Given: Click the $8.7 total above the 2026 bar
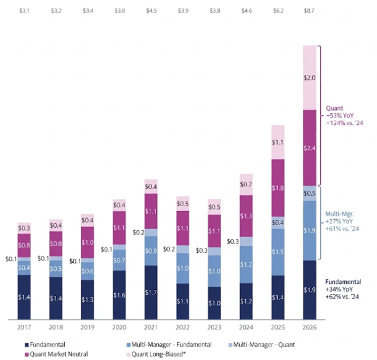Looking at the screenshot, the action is coord(309,11).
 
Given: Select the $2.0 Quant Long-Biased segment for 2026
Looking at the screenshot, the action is coord(310,78).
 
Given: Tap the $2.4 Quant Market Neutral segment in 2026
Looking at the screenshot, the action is coord(310,148).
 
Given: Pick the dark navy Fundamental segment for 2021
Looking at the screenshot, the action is coord(151,292).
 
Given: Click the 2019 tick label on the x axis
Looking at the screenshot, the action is coord(87,327).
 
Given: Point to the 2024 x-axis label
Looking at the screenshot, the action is coord(246,327).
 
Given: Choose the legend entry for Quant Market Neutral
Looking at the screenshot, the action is coord(57,354).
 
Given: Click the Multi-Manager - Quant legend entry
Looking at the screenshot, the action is coord(262,345).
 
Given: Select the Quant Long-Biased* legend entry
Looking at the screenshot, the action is coord(156,354).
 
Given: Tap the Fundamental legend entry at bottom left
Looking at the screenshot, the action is coord(45,345).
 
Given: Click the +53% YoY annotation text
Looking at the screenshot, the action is coord(340,116).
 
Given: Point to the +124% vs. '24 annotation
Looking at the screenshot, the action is coord(344,123).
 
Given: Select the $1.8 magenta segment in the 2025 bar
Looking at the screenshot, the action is coord(278,188).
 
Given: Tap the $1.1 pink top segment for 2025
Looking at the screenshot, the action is coord(278,142).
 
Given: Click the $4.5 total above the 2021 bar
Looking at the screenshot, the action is coord(152,11).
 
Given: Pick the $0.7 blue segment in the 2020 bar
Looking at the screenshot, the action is coord(120,260).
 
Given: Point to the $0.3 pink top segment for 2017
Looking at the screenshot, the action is coord(24,228).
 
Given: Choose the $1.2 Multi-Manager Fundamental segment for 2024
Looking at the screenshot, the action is coord(246,265).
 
